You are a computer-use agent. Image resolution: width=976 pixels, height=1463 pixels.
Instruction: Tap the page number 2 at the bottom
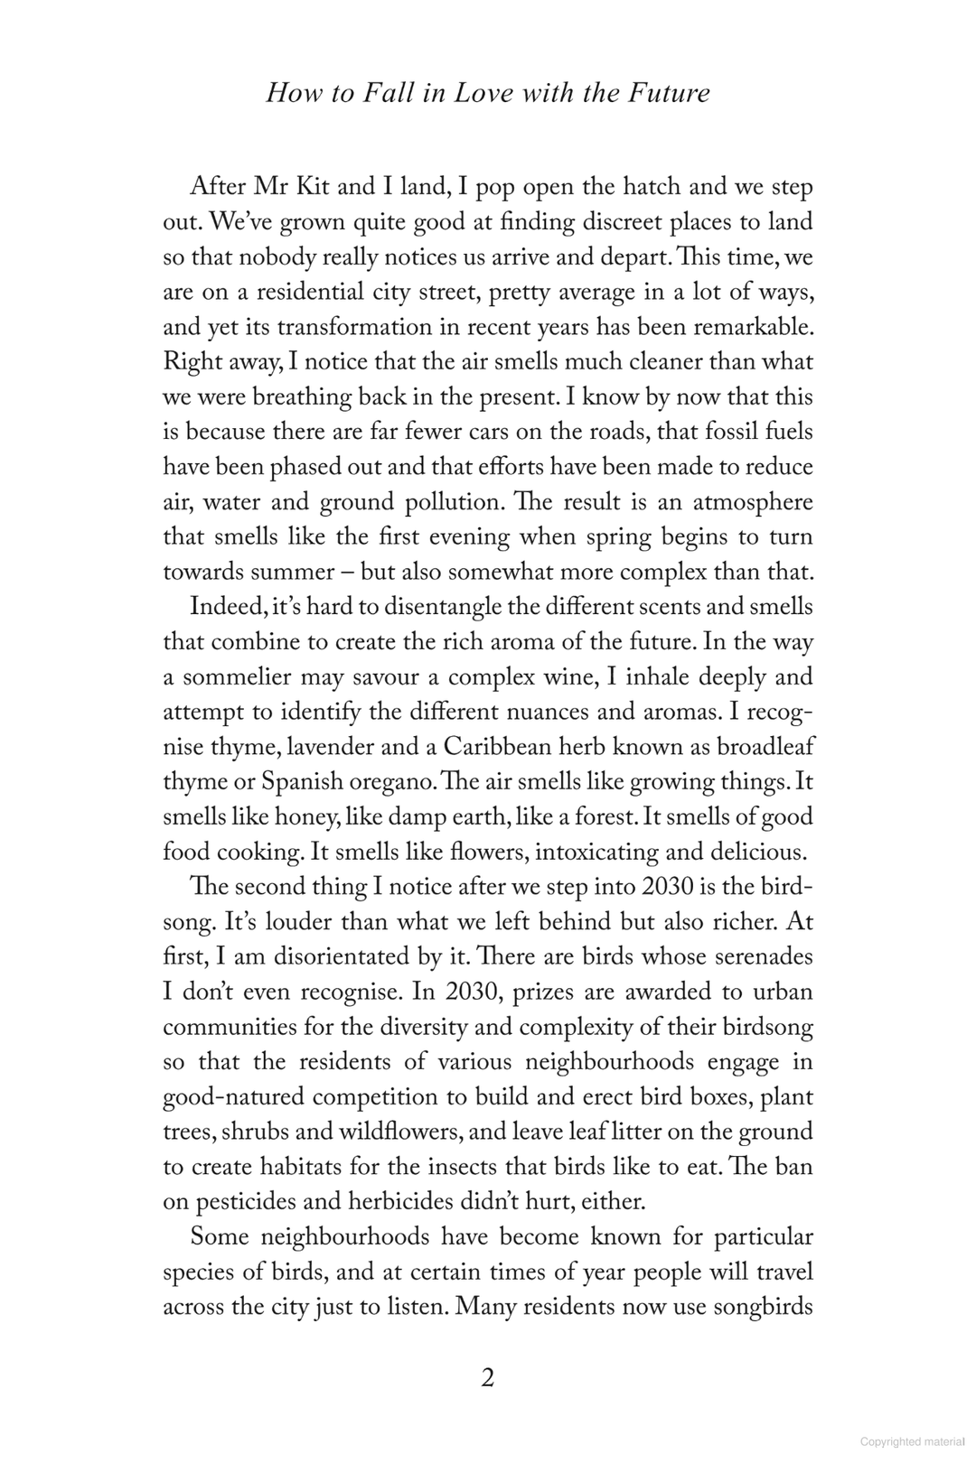488,1378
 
